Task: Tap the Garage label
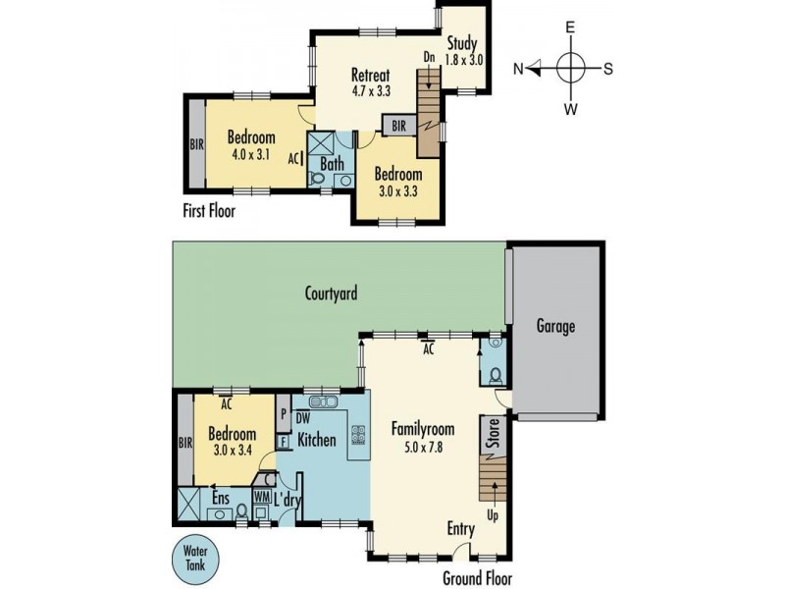[554, 327]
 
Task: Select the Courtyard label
[331, 293]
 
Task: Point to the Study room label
[462, 43]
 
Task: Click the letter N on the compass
[519, 69]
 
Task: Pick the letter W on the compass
[570, 109]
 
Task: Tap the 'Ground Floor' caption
[477, 578]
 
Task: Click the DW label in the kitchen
[303, 419]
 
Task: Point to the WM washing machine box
[261, 497]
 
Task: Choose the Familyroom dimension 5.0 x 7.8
[423, 447]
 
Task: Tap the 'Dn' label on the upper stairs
[429, 57]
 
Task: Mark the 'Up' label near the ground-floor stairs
[492, 513]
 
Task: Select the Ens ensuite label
[222, 498]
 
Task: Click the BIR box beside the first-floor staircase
[398, 126]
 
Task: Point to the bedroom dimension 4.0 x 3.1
[250, 155]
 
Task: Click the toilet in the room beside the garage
[495, 376]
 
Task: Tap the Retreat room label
[371, 76]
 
